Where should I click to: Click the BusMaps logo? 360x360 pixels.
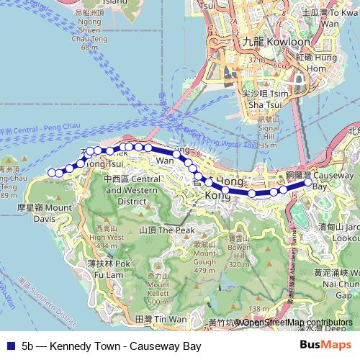click(x=325, y=346)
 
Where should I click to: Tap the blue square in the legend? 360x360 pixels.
click(x=9, y=346)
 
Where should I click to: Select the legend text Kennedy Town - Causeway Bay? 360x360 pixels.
click(x=111, y=346)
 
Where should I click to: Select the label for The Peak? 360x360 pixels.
click(x=166, y=230)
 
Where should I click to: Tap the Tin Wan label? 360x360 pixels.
click(x=161, y=318)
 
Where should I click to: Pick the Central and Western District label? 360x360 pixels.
click(x=131, y=190)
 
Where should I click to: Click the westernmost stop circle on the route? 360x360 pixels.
click(x=51, y=172)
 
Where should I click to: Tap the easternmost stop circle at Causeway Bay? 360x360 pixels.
click(x=307, y=182)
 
